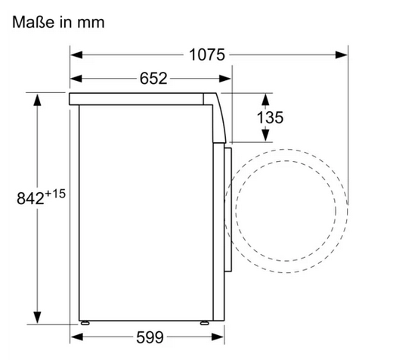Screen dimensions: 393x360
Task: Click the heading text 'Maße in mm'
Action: tap(58, 22)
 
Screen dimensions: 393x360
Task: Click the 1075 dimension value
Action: tap(207, 54)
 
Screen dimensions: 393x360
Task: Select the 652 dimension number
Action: tap(153, 79)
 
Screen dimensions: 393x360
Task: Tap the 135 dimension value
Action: tap(270, 117)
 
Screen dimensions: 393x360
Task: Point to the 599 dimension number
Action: tap(150, 337)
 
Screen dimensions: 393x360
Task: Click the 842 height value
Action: tap(30, 198)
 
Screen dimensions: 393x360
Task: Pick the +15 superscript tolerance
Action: tap(55, 194)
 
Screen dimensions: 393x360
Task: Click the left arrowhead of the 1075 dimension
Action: tap(76, 54)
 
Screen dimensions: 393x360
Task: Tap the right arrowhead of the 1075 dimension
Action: tap(342, 54)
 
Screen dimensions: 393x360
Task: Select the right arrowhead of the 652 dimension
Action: tap(225, 79)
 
